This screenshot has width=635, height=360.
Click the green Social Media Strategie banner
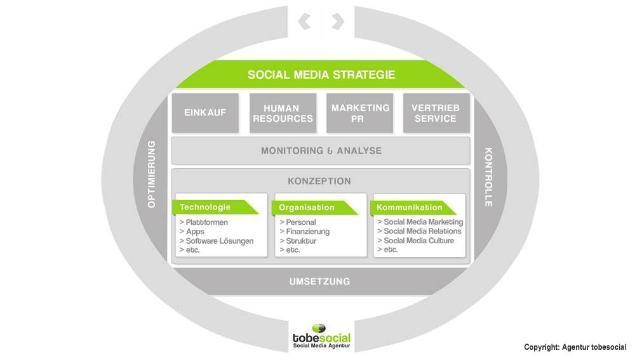(321, 74)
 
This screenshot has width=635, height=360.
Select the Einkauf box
(205, 113)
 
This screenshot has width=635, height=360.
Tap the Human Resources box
(283, 113)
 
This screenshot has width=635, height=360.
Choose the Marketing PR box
(359, 113)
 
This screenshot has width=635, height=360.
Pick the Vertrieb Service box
(436, 113)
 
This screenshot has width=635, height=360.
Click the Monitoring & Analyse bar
(321, 150)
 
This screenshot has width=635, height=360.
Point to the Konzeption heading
(319, 181)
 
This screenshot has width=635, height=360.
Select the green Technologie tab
(215, 208)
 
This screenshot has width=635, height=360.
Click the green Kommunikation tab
(413, 208)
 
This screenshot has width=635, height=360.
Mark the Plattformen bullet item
(204, 222)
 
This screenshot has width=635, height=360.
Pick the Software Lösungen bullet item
(217, 241)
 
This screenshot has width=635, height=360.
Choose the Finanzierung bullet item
(305, 232)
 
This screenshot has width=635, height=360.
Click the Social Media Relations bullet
(419, 231)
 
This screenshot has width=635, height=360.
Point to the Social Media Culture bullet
(415, 241)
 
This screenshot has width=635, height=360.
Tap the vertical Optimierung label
(152, 174)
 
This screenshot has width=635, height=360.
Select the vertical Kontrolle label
(489, 177)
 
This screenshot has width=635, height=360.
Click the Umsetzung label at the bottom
(319, 281)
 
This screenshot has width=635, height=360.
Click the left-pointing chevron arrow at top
(305, 22)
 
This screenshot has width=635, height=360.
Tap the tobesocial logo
(321, 337)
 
